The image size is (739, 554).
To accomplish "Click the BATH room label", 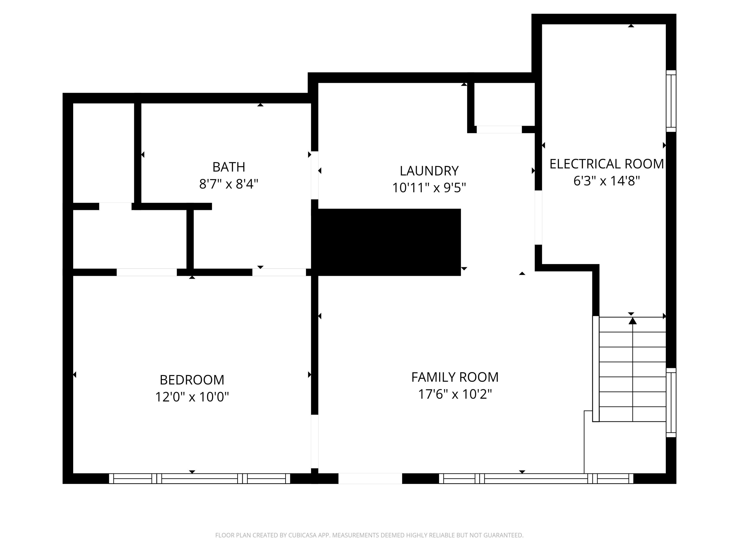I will (229, 167).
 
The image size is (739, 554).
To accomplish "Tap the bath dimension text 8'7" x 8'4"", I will (229, 184).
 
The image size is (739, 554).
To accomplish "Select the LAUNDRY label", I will (429, 171).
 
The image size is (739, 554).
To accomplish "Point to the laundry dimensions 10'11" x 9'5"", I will (429, 188).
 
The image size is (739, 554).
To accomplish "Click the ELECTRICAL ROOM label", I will (606, 164).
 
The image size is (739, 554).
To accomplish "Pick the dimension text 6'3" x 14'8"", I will (606, 181).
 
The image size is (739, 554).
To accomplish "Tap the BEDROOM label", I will (192, 380).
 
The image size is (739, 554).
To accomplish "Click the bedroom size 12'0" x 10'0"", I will (192, 397).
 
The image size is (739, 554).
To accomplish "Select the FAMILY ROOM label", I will (455, 377).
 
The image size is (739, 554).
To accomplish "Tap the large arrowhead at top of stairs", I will (632, 321).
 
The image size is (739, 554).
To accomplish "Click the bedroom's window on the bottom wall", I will (200, 478).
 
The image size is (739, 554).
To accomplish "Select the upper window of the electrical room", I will (671, 101).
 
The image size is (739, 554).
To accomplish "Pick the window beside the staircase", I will (671, 402).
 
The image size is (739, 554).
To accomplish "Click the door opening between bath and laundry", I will (314, 175).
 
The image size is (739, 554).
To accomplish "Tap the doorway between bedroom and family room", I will (314, 441).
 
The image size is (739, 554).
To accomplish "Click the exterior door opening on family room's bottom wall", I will (370, 478).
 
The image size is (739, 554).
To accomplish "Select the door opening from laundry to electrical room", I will (538, 217).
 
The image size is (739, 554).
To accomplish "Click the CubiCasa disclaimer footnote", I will (369, 535).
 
